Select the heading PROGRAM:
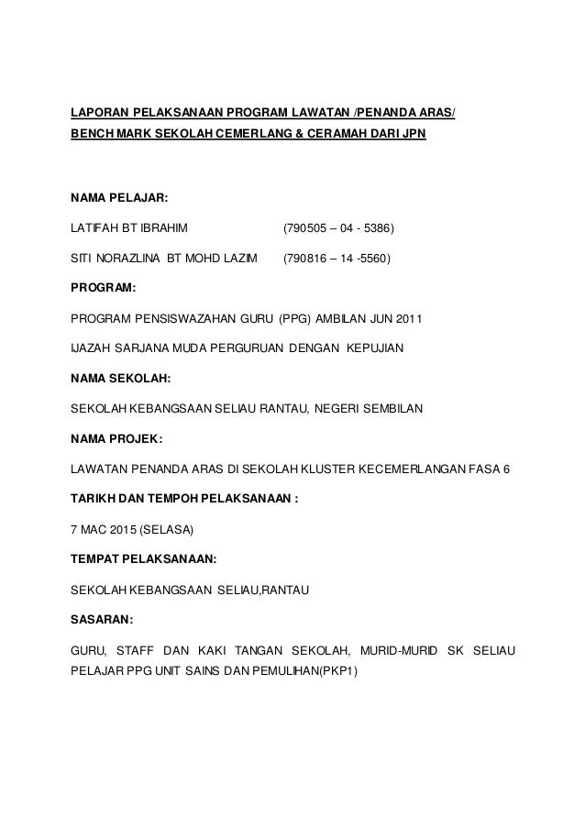pyautogui.click(x=104, y=288)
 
